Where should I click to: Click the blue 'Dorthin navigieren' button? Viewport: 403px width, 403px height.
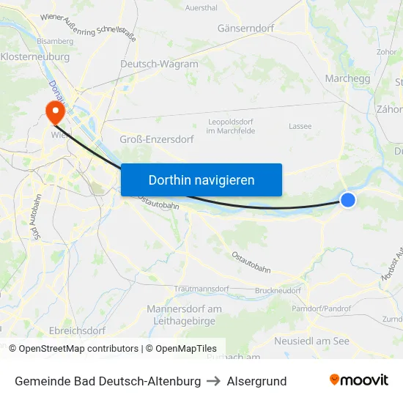pyautogui.click(x=201, y=180)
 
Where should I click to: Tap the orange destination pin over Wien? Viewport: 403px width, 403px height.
pyautogui.click(x=54, y=111)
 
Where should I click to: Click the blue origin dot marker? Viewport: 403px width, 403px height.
pyautogui.click(x=348, y=199)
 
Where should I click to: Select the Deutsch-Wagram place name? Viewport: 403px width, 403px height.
pyautogui.click(x=159, y=64)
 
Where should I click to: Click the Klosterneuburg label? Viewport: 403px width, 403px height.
pyautogui.click(x=35, y=56)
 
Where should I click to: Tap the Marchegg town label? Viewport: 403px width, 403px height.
pyautogui.click(x=347, y=78)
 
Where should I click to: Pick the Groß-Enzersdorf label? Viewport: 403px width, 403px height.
pyautogui.click(x=156, y=138)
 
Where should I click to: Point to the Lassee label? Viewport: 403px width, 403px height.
pyautogui.click(x=300, y=126)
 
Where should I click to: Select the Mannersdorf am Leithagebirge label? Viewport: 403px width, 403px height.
pyautogui.click(x=184, y=314)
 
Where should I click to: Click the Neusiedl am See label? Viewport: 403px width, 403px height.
pyautogui.click(x=311, y=341)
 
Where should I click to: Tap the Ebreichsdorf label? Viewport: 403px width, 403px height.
pyautogui.click(x=77, y=330)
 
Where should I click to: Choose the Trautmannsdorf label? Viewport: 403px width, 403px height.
pyautogui.click(x=202, y=289)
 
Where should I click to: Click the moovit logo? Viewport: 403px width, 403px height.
pyautogui.click(x=358, y=380)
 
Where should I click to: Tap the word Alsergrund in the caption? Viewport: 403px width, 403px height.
pyautogui.click(x=256, y=381)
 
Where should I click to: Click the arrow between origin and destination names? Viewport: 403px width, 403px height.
pyautogui.click(x=214, y=381)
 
